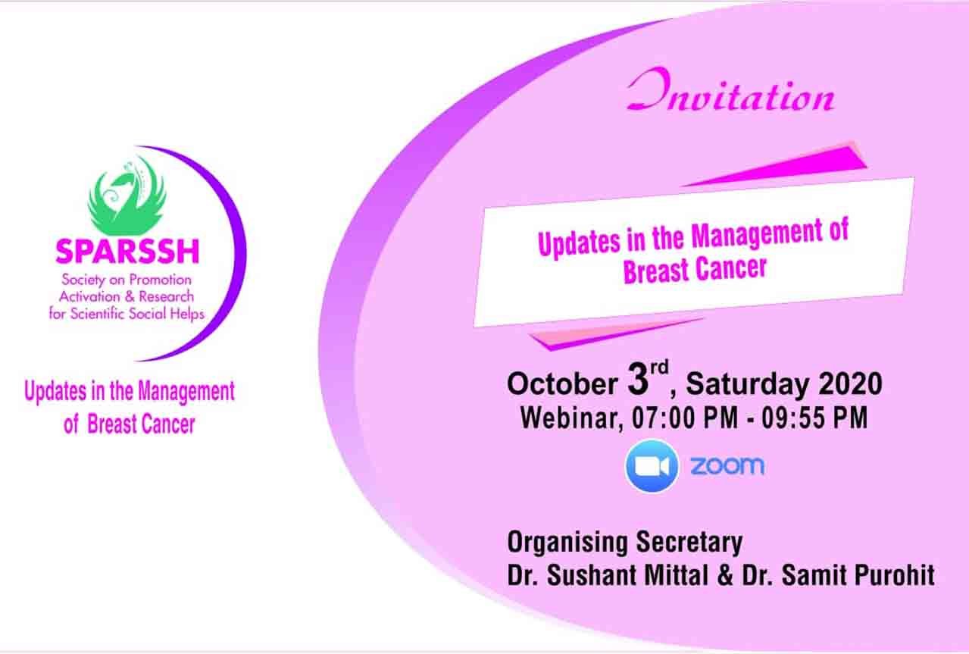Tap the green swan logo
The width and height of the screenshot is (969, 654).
[127, 197]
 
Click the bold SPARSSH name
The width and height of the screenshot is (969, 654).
[127, 252]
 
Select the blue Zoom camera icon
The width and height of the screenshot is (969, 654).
[652, 466]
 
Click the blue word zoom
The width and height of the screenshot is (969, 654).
[727, 466]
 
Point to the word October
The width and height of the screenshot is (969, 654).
[562, 384]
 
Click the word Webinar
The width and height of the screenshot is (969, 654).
[571, 418]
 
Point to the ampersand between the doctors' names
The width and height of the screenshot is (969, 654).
[725, 576]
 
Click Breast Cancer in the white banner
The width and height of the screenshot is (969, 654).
[695, 270]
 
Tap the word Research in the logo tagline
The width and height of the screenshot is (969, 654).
[166, 296]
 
